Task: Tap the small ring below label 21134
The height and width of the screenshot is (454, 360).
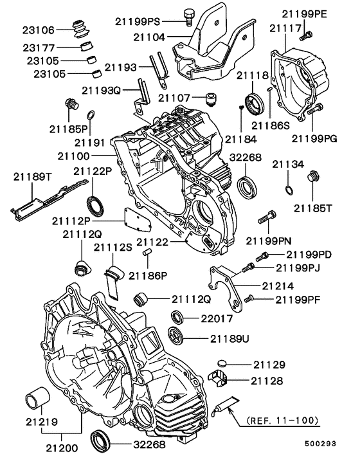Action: [x=289, y=189]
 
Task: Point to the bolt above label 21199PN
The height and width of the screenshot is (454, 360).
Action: [x=267, y=219]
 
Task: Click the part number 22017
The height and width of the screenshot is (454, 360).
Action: [x=214, y=317]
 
